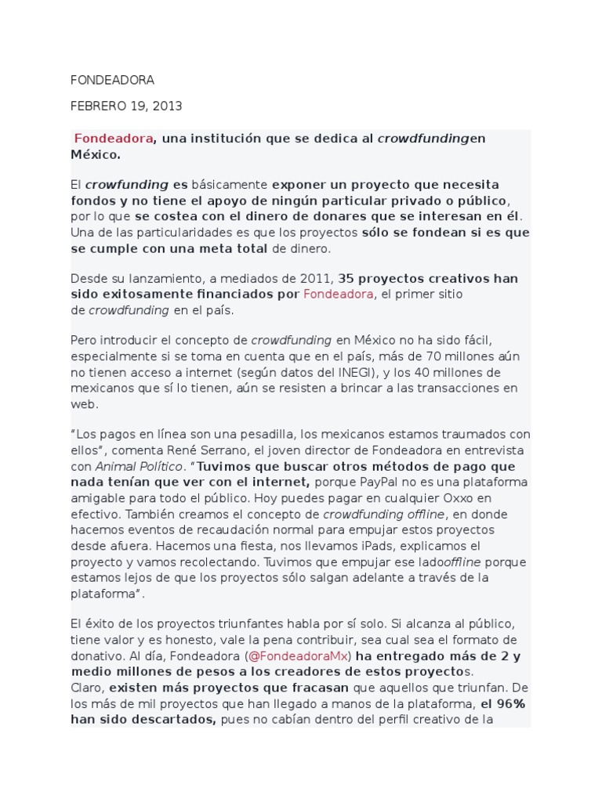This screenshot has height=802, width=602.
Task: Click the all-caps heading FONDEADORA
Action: click(112, 80)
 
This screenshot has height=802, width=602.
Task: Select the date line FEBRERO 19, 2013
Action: click(125, 106)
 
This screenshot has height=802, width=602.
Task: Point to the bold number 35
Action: click(347, 278)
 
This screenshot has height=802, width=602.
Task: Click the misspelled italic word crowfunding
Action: click(127, 185)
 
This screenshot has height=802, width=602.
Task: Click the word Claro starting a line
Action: click(87, 688)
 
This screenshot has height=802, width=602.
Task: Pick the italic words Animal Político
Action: click(129, 466)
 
